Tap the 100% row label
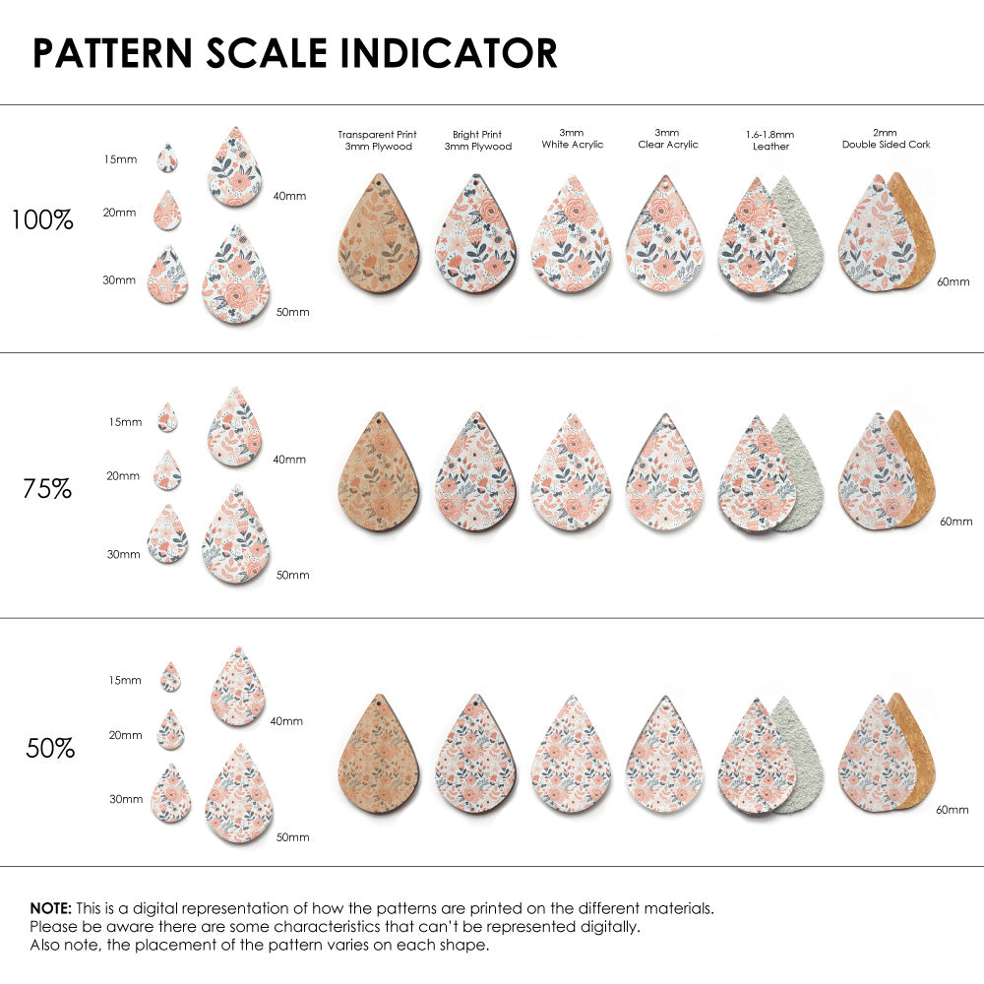42,220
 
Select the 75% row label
47,488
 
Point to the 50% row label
50,749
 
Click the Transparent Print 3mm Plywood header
377,140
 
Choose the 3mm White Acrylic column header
573,139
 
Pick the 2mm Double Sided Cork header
886,139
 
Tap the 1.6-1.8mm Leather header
770,140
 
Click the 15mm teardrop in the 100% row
167,158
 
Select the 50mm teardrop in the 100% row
238,277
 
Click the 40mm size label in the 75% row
289,460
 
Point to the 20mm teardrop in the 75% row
167,470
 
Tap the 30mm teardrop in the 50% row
170,794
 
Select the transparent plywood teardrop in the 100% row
378,236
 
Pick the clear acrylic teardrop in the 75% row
665,474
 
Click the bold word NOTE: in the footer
50,908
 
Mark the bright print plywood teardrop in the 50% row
475,758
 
